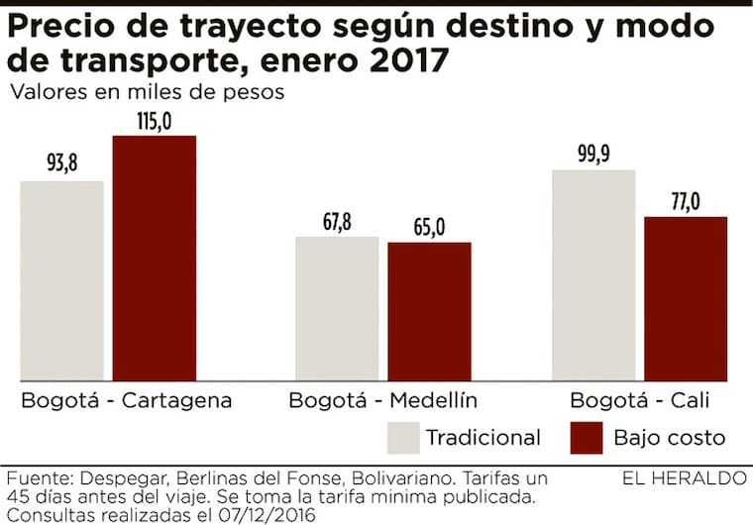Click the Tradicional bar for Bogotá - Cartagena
click(62, 280)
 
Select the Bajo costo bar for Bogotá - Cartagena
click(155, 258)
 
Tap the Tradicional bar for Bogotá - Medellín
click(338, 308)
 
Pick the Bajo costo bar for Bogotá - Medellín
click(429, 311)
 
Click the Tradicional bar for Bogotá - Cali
click(593, 274)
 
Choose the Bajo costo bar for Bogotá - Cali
click(686, 298)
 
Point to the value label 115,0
click(154, 121)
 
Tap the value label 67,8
click(337, 222)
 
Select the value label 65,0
click(429, 228)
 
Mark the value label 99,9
click(592, 156)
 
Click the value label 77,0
click(685, 202)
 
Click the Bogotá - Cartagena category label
click(126, 401)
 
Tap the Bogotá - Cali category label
click(640, 401)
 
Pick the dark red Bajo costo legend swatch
click(588, 437)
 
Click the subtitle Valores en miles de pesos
click(148, 93)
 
